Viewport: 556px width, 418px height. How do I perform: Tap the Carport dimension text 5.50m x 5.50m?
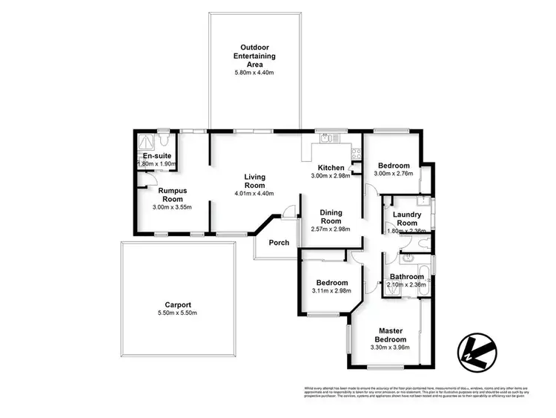pyautogui.click(x=178, y=313)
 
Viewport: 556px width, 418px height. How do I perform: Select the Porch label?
pyautogui.click(x=279, y=243)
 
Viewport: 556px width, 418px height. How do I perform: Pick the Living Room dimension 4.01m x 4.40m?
pyautogui.click(x=255, y=194)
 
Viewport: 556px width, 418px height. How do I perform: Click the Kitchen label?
pyautogui.click(x=331, y=167)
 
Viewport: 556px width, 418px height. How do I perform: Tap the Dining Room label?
pyautogui.click(x=331, y=217)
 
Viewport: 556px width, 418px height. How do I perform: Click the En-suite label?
pyautogui.click(x=157, y=156)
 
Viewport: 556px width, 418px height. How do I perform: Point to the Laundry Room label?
pyautogui.click(x=406, y=219)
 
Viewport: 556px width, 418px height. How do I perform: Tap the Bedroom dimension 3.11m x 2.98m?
pyautogui.click(x=332, y=291)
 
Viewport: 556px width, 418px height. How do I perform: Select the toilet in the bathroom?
pyautogui.click(x=408, y=259)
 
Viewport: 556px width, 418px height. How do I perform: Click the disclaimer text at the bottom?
pyautogui.click(x=415, y=392)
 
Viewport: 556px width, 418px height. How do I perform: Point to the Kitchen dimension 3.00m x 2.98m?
pyautogui.click(x=331, y=175)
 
